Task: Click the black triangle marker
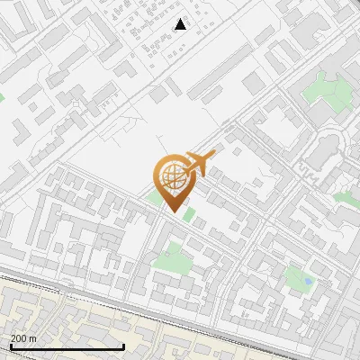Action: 180,24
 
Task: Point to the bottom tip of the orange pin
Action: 173,211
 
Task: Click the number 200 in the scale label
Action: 19,338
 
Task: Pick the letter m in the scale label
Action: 32,338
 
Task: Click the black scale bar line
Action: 67,346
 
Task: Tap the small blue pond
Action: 308,281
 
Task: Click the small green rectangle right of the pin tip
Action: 188,214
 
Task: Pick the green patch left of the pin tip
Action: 156,197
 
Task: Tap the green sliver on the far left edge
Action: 2,94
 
